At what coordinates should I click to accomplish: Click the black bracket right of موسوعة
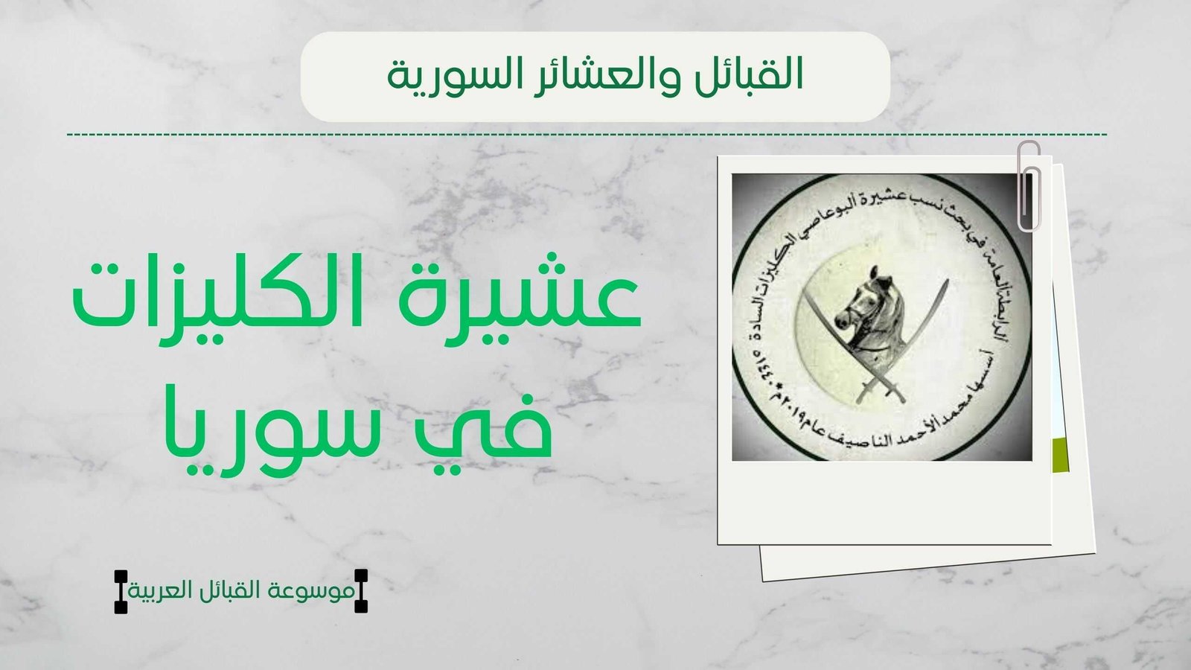[x=361, y=591]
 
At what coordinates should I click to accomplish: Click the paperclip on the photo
[x=1030, y=186]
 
